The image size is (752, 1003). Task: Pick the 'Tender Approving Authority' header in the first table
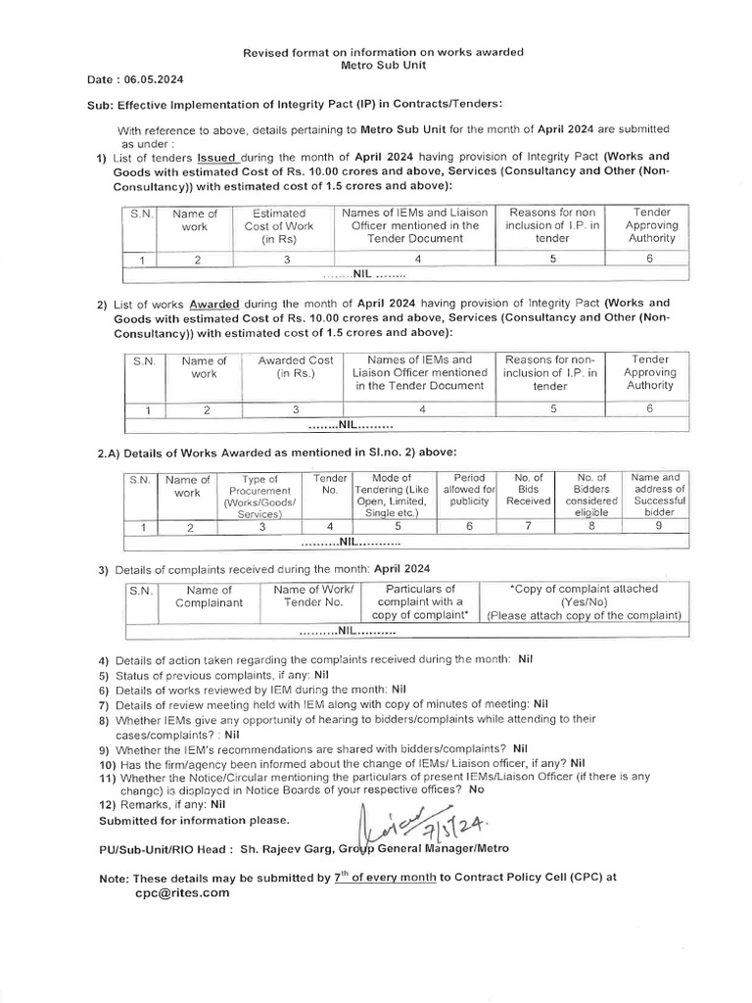click(x=651, y=225)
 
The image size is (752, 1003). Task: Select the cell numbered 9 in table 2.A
click(x=657, y=526)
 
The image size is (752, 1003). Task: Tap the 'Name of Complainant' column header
click(x=209, y=597)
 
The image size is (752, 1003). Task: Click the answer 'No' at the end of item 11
click(x=477, y=788)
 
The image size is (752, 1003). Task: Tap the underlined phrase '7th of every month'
click(x=385, y=878)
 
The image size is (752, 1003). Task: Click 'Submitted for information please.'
click(x=195, y=819)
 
